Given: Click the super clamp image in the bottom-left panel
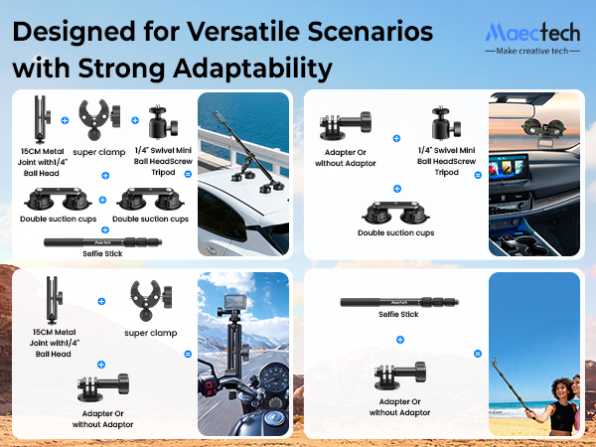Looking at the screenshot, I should pos(150,301).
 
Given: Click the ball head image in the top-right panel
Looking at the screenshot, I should pos(439,123).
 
